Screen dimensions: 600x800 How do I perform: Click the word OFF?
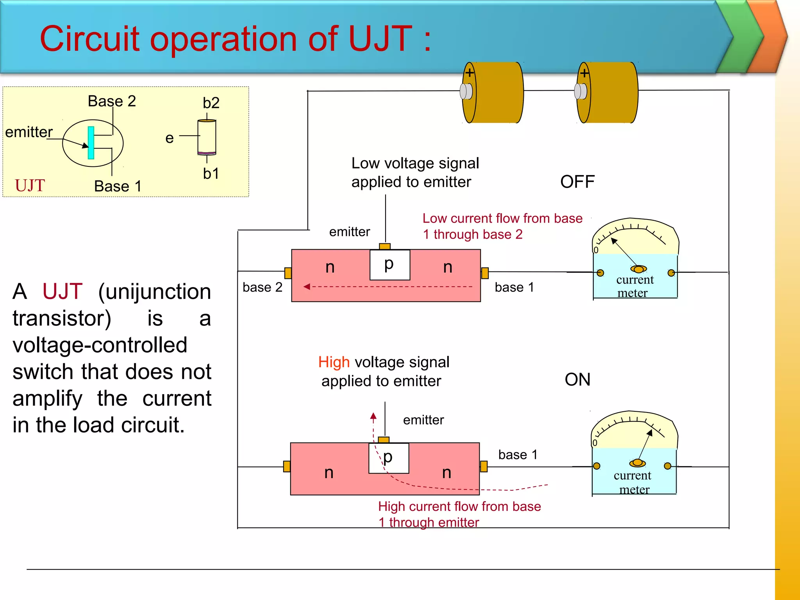click(577, 182)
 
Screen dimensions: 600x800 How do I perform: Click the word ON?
click(577, 380)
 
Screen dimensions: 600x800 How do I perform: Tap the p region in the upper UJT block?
click(389, 265)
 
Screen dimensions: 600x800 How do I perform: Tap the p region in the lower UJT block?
click(388, 458)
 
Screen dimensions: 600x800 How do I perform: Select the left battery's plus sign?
click(469, 73)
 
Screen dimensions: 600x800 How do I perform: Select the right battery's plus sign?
click(584, 73)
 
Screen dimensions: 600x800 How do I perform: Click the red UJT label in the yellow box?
click(30, 186)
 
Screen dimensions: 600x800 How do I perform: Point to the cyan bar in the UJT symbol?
click(91, 143)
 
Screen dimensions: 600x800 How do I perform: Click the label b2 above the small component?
click(211, 103)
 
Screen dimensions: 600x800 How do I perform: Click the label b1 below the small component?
click(211, 173)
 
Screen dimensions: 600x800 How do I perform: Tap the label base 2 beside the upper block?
click(262, 287)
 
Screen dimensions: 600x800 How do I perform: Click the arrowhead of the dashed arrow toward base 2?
click(307, 287)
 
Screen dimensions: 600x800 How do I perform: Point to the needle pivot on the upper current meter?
click(638, 269)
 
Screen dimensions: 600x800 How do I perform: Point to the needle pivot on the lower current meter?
click(637, 463)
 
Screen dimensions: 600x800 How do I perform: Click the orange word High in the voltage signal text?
click(334, 362)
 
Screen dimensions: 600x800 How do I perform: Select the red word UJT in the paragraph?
click(62, 291)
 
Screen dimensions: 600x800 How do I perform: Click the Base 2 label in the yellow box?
click(112, 101)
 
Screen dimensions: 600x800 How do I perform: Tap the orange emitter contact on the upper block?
click(385, 246)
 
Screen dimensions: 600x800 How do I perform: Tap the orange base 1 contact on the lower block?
click(484, 466)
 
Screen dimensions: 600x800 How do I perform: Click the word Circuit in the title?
click(89, 39)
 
